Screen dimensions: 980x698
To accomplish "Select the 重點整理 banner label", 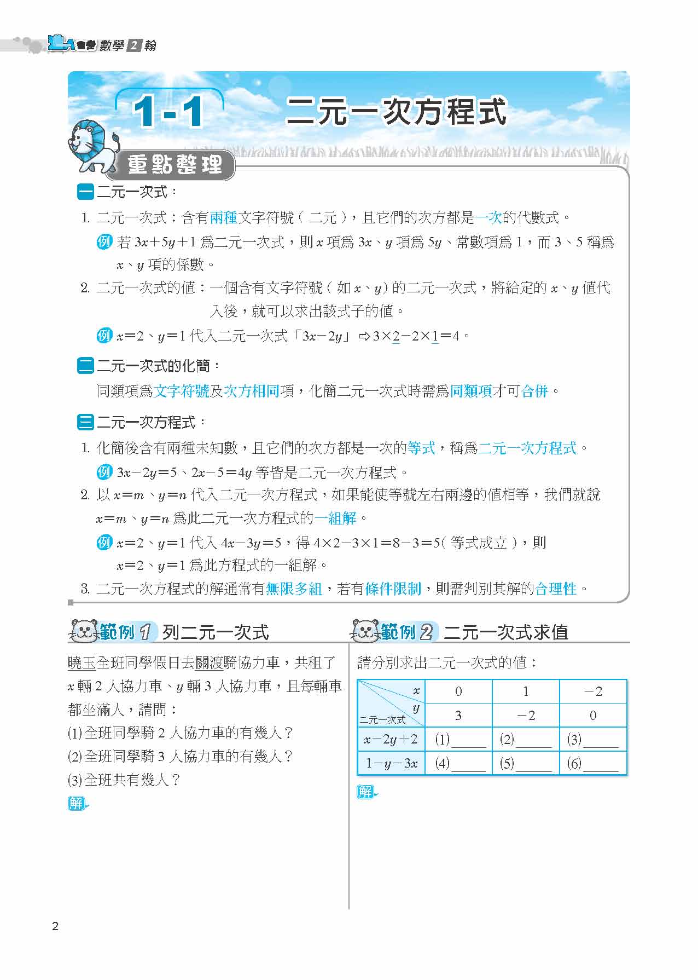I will point(174,165).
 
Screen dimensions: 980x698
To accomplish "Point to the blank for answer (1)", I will point(468,741).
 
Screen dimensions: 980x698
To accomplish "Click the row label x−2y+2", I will point(391,740).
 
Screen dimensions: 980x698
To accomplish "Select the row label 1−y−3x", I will point(391,764).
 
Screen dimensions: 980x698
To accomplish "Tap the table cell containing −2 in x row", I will point(593,691).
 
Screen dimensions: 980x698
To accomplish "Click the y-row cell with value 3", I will point(458,716).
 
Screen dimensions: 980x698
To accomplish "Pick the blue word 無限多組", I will point(294,589).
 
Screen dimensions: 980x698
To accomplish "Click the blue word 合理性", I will point(556,589).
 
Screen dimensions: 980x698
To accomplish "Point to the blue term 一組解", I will point(335,518).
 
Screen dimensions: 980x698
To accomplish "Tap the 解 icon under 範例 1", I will point(77,803).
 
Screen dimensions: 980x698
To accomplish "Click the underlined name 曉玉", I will point(82,663).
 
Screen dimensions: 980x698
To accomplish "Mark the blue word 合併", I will point(534,391).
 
